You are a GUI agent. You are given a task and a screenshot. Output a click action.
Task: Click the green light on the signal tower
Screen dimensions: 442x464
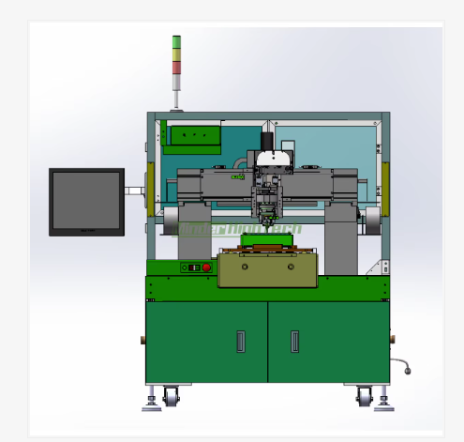click(x=175, y=40)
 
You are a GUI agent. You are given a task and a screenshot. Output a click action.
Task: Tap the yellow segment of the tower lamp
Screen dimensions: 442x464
click(x=175, y=53)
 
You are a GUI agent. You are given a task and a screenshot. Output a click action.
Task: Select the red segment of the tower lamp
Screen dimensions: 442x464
click(x=175, y=67)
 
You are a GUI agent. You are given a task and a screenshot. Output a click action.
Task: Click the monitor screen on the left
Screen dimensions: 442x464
click(x=85, y=201)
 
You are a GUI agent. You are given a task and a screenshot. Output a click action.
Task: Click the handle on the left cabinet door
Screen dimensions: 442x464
click(x=240, y=341)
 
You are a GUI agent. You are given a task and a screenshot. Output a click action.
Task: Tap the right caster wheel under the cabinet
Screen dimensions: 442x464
click(x=364, y=398)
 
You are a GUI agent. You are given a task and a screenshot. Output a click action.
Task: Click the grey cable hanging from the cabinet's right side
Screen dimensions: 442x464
click(x=401, y=363)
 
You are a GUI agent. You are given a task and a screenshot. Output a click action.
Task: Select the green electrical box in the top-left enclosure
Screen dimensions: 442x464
click(x=192, y=136)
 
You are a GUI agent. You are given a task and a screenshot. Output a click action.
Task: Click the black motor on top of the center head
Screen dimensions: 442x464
click(x=267, y=142)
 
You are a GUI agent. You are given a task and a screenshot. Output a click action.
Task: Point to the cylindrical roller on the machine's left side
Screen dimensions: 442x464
click(x=169, y=221)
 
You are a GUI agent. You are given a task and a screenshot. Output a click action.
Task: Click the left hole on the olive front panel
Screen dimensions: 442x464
click(x=245, y=267)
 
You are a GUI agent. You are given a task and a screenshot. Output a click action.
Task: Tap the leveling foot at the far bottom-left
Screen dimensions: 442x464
click(x=151, y=405)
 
